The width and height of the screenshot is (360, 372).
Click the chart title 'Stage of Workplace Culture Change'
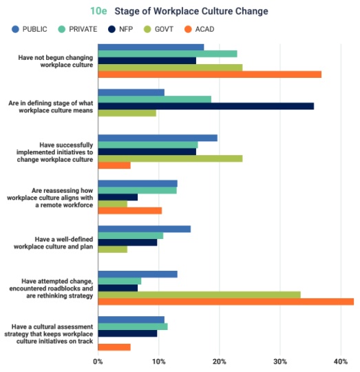point(191,11)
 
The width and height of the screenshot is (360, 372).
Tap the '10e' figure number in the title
point(98,11)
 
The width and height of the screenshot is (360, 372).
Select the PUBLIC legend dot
point(15,29)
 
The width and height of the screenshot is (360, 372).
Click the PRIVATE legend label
point(83,29)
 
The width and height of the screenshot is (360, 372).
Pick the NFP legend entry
point(120,29)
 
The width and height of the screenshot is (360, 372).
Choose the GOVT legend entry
point(158,29)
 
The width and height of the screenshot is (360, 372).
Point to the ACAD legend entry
point(200,29)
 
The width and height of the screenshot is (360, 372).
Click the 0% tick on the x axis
point(98,362)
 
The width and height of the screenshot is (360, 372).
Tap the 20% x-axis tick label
point(220,362)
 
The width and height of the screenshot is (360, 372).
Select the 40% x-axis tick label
point(341,362)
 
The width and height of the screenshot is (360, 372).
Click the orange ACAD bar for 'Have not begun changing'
point(210,74)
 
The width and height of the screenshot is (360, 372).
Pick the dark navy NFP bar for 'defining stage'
point(206,106)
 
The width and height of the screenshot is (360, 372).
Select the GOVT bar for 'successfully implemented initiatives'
point(170,158)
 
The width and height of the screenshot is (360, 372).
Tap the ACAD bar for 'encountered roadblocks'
point(226,302)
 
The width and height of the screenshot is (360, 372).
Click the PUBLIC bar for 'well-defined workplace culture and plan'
point(145,229)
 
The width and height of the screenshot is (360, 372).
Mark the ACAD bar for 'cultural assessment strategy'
point(114,347)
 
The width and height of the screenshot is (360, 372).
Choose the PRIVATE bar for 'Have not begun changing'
point(167,54)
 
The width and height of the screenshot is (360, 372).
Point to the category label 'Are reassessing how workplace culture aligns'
point(50,198)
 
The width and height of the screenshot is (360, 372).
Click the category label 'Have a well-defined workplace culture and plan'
point(53,243)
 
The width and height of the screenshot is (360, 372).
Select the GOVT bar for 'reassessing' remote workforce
point(113,204)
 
